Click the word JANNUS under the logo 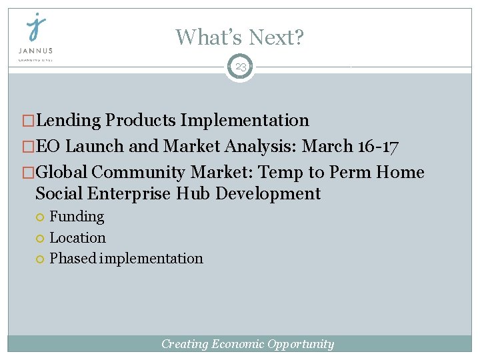click(36, 50)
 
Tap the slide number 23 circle click(240, 67)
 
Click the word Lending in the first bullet click(69, 121)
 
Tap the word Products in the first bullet click(141, 121)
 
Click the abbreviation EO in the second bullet click(49, 147)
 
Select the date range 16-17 click(380, 147)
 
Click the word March click(328, 147)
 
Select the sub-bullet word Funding click(77, 217)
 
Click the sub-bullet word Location click(77, 237)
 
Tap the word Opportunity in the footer click(301, 344)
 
